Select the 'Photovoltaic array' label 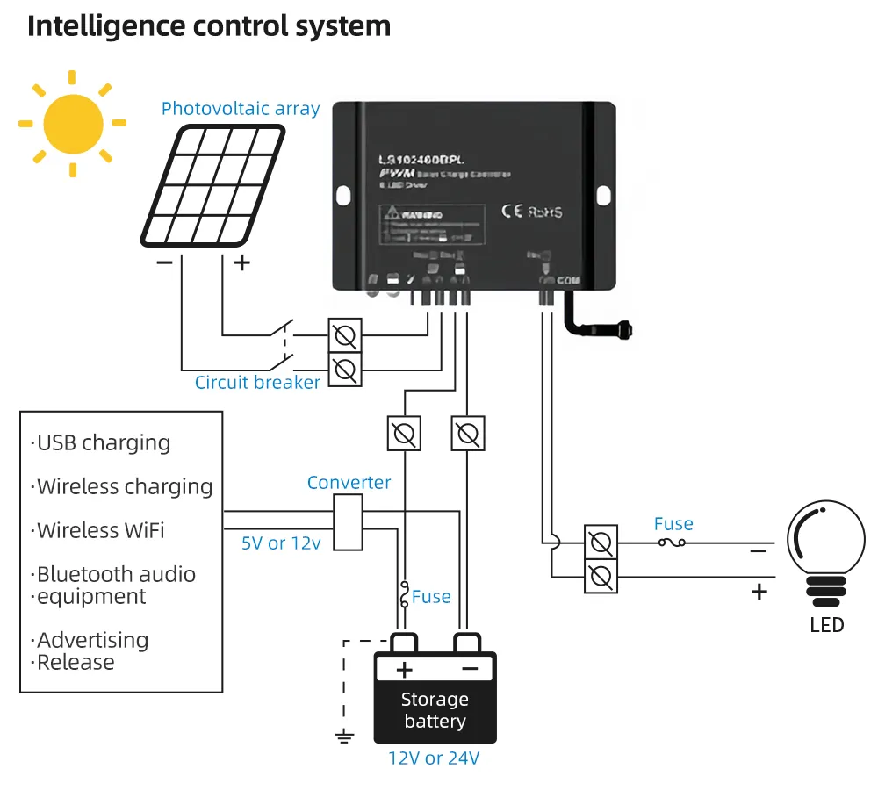[241, 109]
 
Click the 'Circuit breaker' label [257, 383]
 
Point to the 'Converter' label [349, 483]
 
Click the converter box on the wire [349, 522]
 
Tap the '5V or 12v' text [281, 543]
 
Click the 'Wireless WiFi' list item [99, 531]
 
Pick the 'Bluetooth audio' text [115, 575]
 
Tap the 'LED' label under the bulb [826, 625]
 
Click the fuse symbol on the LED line [673, 543]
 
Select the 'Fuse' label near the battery [431, 597]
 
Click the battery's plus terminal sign [404, 671]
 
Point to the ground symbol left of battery [345, 737]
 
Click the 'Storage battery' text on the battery [435, 711]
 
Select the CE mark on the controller [512, 212]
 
